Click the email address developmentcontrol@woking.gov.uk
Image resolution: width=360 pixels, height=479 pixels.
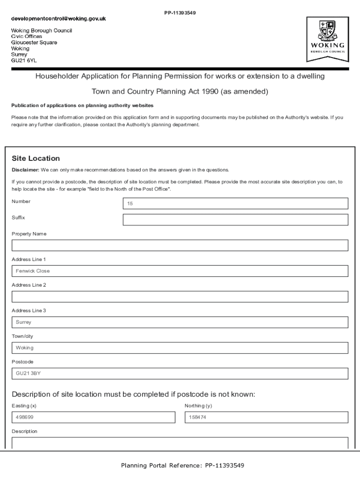(59, 19)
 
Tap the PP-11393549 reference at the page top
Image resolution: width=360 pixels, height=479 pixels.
(180, 13)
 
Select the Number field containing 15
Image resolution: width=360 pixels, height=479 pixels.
(235, 203)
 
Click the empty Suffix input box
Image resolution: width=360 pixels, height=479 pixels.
(235, 220)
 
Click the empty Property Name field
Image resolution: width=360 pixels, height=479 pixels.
(180, 246)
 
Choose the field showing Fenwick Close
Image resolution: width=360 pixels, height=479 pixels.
(180, 271)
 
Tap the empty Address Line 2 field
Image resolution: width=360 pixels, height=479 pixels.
(180, 297)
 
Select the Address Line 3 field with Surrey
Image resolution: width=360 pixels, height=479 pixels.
(180, 322)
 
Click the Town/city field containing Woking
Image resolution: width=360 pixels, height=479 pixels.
(180, 348)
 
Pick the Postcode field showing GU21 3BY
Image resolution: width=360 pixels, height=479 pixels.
(180, 373)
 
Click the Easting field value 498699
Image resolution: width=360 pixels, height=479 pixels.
(93, 417)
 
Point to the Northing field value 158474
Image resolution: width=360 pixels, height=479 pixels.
(266, 417)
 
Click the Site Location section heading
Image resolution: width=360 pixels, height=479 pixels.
(36, 159)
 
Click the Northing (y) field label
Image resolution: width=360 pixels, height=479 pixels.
(198, 406)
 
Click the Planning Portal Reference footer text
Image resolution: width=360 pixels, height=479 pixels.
(182, 465)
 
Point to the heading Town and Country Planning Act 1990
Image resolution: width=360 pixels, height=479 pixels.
(180, 92)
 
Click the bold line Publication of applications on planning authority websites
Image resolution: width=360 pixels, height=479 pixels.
(82, 106)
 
